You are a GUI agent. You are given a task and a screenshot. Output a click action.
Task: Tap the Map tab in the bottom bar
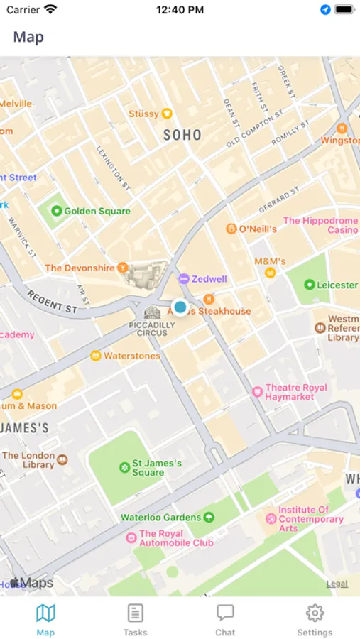(x=45, y=619)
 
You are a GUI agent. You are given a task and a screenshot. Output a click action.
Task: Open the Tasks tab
(x=135, y=619)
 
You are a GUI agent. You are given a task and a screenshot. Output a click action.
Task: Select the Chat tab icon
(x=225, y=619)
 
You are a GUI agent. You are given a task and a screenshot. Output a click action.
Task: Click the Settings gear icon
(x=315, y=613)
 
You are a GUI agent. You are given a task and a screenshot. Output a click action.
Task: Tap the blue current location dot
(x=180, y=307)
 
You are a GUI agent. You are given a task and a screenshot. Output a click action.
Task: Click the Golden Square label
(x=97, y=211)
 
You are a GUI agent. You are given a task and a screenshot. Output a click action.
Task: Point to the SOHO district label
(x=182, y=135)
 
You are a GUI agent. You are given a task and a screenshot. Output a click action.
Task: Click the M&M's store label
(x=270, y=262)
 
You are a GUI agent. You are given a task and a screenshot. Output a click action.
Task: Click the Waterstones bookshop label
(x=131, y=356)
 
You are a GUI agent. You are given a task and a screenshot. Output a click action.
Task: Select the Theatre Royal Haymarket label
(x=295, y=392)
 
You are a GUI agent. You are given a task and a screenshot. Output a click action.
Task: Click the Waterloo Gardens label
(x=160, y=518)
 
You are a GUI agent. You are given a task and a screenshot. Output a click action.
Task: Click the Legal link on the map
(x=337, y=584)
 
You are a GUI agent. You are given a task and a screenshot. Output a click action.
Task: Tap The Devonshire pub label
(x=80, y=268)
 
